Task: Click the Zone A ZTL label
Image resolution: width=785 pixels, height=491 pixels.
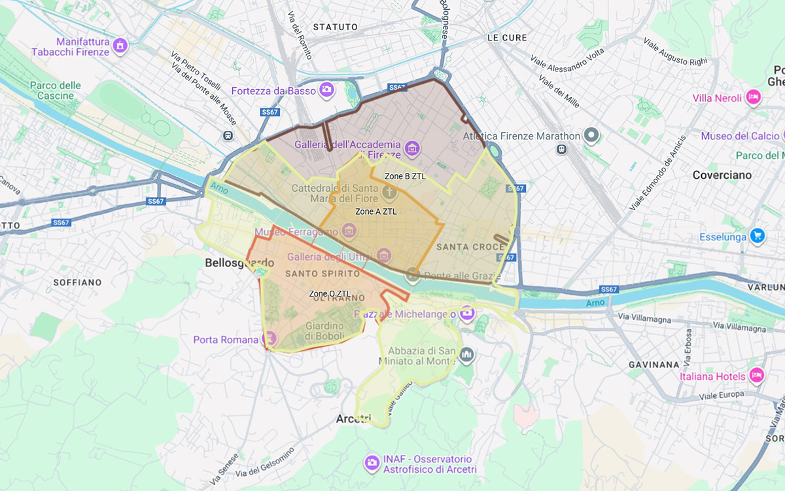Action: tap(375, 211)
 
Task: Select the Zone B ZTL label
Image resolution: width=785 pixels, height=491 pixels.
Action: tap(405, 176)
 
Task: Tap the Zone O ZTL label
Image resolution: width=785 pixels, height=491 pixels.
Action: tap(330, 293)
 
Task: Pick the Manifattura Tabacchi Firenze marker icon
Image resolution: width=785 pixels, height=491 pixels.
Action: tap(120, 46)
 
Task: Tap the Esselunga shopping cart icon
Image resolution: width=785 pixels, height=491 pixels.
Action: tap(758, 236)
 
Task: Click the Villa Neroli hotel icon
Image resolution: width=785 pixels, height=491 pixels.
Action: tap(754, 98)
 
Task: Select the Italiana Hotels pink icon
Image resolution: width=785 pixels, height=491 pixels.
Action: tap(757, 376)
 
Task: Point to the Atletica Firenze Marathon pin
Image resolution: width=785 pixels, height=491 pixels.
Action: tap(592, 136)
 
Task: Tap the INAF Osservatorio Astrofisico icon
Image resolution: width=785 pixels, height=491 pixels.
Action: tap(372, 464)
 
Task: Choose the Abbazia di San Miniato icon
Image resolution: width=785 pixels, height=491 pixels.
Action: tap(466, 355)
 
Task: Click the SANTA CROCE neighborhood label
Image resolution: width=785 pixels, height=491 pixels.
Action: tap(470, 247)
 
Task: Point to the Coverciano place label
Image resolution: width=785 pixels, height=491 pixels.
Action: tap(722, 175)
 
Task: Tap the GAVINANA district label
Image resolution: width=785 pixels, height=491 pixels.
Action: tap(654, 364)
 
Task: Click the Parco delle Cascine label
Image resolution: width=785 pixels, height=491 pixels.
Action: tap(56, 90)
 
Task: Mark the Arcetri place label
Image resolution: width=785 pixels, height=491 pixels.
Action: tap(353, 418)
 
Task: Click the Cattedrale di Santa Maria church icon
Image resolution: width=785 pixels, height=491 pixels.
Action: tap(389, 192)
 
